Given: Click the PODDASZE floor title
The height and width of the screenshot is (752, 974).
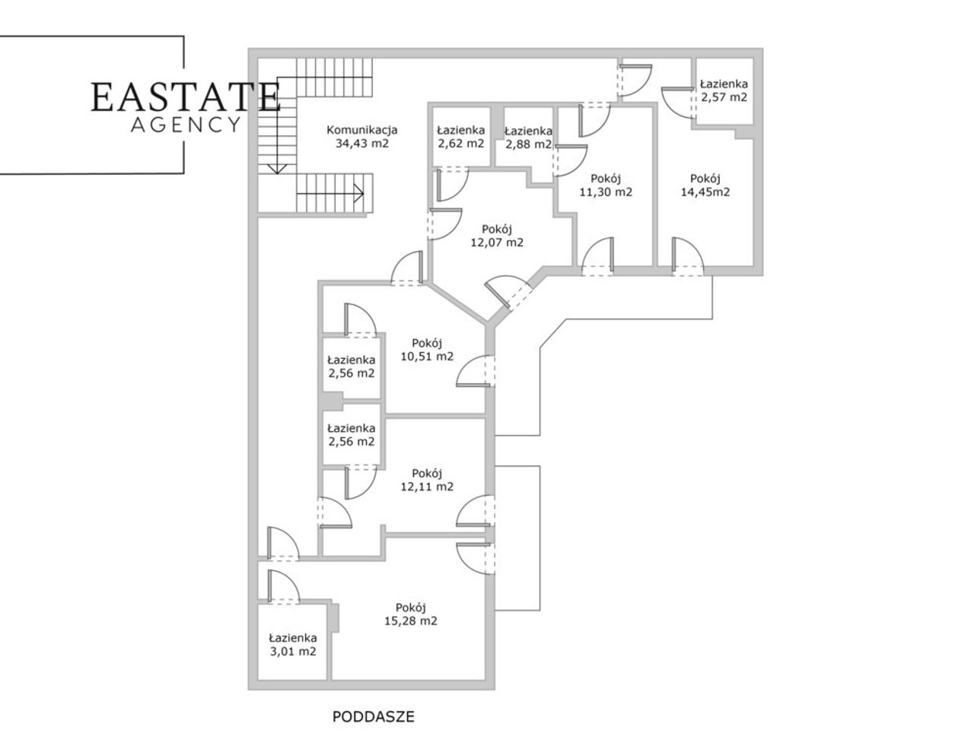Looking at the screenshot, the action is (x=373, y=716).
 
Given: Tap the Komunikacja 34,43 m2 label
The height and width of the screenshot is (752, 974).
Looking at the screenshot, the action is (x=361, y=137).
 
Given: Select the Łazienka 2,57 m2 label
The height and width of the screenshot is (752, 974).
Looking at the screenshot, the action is (x=724, y=90).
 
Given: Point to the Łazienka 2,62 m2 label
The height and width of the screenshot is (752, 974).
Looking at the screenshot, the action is (x=461, y=137).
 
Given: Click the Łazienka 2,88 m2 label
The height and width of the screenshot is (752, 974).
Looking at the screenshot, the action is (x=528, y=138).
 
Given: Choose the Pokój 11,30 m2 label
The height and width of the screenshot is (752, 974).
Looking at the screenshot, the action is (x=606, y=185).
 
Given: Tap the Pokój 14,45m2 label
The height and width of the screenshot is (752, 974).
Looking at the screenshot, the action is (x=705, y=185).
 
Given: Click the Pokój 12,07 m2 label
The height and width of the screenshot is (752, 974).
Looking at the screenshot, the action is (x=497, y=236).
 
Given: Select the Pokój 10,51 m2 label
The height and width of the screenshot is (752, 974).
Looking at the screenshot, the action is (x=427, y=349).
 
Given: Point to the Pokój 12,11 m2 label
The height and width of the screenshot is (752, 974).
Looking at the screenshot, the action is (x=427, y=480).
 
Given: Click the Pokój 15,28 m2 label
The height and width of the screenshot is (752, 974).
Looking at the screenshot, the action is (x=411, y=614).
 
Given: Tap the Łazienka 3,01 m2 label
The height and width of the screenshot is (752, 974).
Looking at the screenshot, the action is (x=293, y=644).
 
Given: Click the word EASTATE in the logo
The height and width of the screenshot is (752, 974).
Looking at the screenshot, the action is (x=186, y=97).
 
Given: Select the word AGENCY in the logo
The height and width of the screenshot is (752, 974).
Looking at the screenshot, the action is (x=186, y=125).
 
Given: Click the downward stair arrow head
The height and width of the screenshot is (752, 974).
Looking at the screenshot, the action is (x=278, y=169).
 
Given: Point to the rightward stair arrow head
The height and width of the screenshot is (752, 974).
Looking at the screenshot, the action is (x=358, y=193).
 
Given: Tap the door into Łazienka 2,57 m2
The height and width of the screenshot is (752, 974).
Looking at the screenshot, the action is (x=679, y=103).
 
